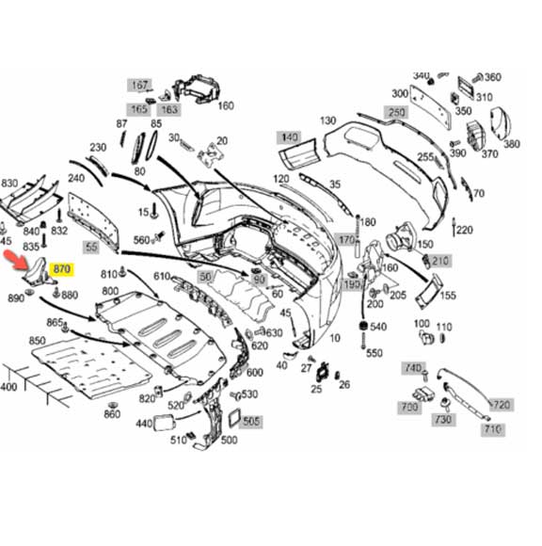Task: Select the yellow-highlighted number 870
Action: click(x=62, y=271)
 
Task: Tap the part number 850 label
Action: click(x=38, y=340)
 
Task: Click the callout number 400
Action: click(x=8, y=387)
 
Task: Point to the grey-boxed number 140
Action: click(x=288, y=138)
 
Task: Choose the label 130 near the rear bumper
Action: click(x=327, y=121)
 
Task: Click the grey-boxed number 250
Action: click(x=397, y=112)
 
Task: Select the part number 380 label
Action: click(x=511, y=144)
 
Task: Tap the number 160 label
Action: click(x=226, y=105)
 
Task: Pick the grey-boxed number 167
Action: click(x=140, y=86)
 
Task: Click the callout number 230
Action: click(x=98, y=148)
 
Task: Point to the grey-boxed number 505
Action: click(x=251, y=421)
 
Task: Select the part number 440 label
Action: click(x=144, y=425)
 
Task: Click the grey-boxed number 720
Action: click(x=501, y=405)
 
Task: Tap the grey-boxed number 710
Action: click(x=492, y=429)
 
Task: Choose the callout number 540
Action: click(x=377, y=327)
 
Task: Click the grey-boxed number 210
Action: click(x=440, y=261)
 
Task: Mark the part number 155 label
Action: click(x=448, y=295)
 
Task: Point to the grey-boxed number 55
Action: click(x=91, y=248)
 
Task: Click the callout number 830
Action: click(x=9, y=184)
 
